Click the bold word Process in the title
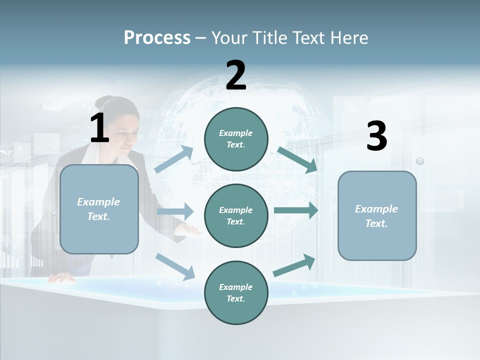[x=157, y=38]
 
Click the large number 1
[x=99, y=128]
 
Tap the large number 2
[x=236, y=75]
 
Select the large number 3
[x=376, y=136]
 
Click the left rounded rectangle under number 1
[x=99, y=209]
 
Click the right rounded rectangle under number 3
[x=377, y=215]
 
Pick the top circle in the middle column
[x=236, y=139]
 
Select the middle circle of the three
[x=236, y=215]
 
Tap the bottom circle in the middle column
[x=236, y=292]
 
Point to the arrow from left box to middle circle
[x=175, y=211]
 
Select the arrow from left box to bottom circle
[x=175, y=266]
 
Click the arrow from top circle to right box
[x=297, y=159]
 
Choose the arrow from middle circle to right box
[x=296, y=210]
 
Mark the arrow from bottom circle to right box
[x=294, y=265]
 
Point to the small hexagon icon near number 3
[x=420, y=161]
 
